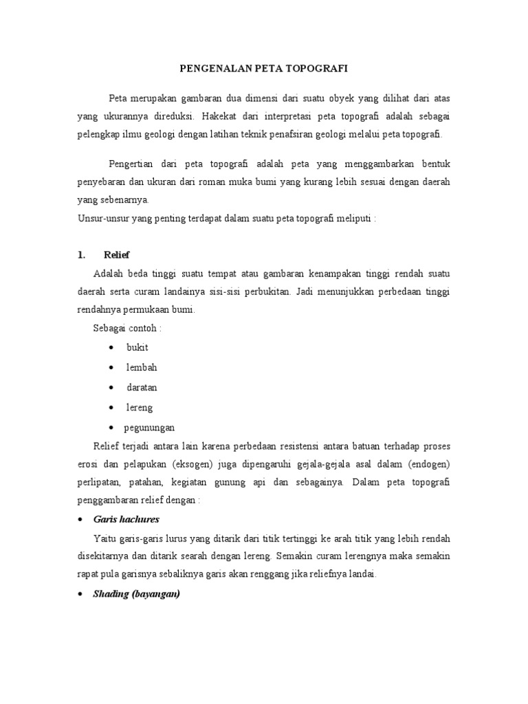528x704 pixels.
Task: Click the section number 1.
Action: click(x=80, y=255)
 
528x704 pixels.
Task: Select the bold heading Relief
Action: click(x=116, y=255)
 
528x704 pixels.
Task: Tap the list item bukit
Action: click(x=137, y=347)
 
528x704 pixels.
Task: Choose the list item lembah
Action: click(x=142, y=368)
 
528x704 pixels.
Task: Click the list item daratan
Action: click(x=142, y=388)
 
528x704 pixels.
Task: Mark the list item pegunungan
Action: click(x=149, y=427)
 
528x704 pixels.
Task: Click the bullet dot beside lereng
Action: click(x=111, y=408)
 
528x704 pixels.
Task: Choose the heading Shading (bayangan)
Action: click(x=136, y=595)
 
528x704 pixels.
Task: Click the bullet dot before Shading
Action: click(x=80, y=595)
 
